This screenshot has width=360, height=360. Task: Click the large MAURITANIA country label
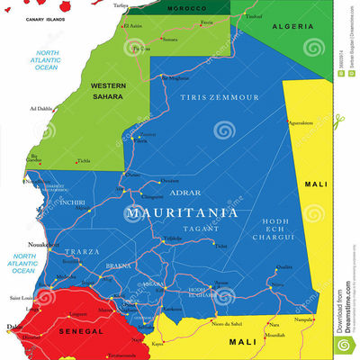(183, 213)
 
